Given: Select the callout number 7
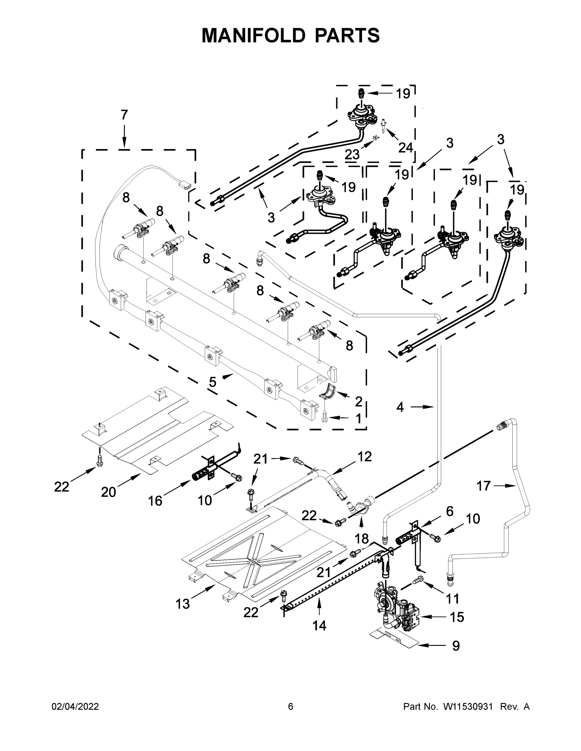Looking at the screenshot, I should tap(124, 115).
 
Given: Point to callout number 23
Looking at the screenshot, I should tap(352, 155).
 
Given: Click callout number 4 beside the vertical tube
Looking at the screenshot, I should tap(400, 407).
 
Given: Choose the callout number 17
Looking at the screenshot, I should tap(483, 486).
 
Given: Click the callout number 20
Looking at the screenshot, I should tap(108, 492).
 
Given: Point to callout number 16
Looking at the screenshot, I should tap(155, 501).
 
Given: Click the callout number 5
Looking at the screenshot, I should tap(213, 382).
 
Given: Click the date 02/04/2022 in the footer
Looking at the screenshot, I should tap(75, 707).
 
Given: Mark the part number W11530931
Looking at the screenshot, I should tap(468, 707).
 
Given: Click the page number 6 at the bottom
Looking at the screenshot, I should tap(291, 707).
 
